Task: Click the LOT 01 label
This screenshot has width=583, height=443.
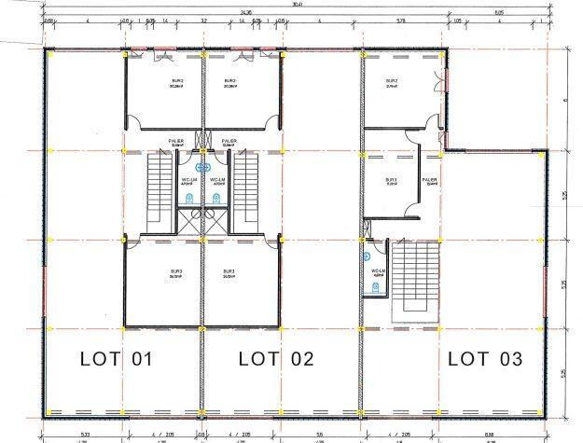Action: point(115,358)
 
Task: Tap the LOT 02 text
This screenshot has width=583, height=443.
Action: point(277,358)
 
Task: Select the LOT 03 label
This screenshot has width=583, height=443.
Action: point(485,358)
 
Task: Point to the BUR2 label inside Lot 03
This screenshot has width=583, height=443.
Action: point(392,83)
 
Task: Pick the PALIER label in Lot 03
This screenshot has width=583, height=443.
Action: point(430,181)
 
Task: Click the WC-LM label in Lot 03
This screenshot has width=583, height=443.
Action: point(377,271)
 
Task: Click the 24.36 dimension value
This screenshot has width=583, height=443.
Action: point(245,11)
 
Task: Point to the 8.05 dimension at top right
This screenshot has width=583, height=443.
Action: point(499,11)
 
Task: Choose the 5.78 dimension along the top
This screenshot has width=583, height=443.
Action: point(401,21)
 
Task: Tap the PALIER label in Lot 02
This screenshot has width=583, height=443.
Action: point(229,142)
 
